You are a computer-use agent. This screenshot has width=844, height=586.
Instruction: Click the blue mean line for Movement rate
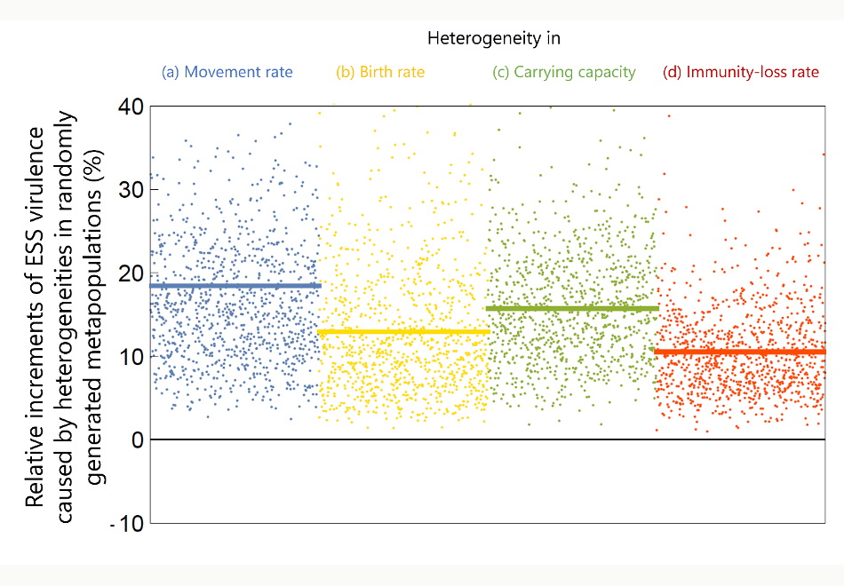click(235, 286)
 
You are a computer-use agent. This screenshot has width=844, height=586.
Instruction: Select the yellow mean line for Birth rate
click(403, 332)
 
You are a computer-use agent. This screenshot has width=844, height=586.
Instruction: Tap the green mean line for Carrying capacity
click(573, 308)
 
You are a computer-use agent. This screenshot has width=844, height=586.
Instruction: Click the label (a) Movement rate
click(227, 72)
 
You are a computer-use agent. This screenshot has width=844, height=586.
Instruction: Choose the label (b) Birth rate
click(379, 72)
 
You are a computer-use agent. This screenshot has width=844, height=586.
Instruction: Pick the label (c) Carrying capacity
click(564, 72)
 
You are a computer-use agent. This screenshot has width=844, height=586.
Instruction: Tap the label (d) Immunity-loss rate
click(741, 72)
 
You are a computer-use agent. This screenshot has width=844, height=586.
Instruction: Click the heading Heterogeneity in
click(493, 38)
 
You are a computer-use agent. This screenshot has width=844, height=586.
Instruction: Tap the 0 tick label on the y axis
click(137, 440)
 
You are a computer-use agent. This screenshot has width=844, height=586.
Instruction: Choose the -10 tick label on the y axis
click(126, 524)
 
